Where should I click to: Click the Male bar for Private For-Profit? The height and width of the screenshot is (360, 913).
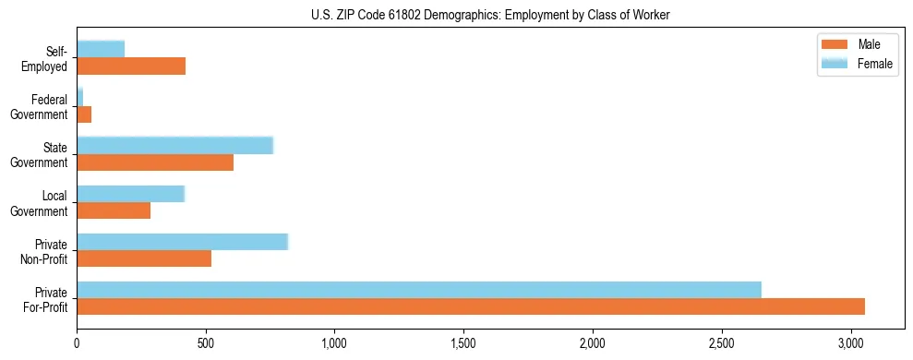[471, 306]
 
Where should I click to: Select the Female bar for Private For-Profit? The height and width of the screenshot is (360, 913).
[419, 290]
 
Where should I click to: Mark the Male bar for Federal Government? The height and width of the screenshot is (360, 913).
[84, 114]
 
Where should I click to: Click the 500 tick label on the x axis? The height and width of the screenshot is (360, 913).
[206, 344]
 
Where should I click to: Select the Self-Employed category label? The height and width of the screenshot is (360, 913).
[49, 58]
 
